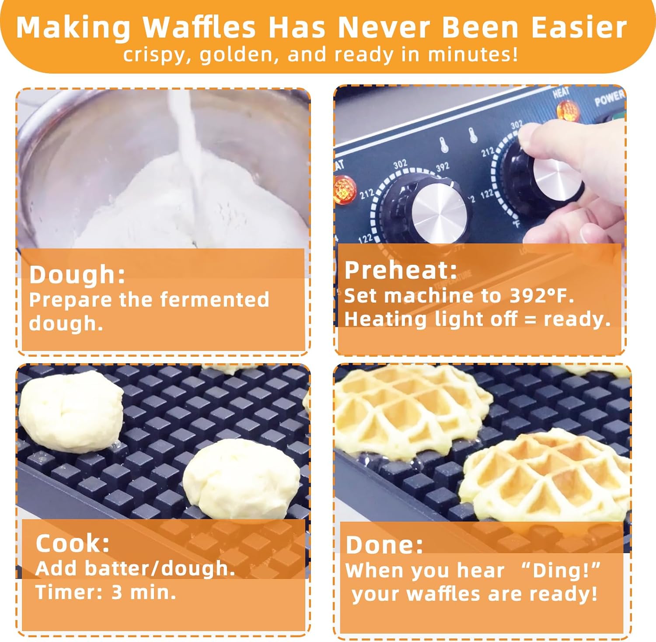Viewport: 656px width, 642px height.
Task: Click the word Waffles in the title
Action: [x=199, y=28]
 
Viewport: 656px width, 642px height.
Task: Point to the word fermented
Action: [x=214, y=300]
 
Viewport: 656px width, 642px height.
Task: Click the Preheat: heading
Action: [x=401, y=270]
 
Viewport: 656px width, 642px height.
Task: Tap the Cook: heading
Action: [x=73, y=543]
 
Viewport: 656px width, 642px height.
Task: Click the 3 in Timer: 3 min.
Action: [x=117, y=592]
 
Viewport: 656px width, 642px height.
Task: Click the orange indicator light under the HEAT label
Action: [x=567, y=110]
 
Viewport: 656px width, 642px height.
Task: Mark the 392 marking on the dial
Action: [x=442, y=167]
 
